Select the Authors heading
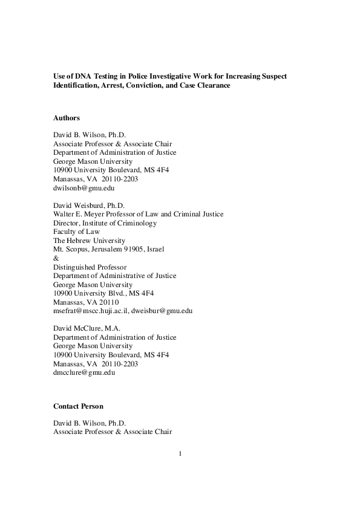tap(67, 118)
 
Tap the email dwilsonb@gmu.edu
tap(84, 187)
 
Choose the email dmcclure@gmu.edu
tap(84, 373)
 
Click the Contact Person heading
tap(78, 406)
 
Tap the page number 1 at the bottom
tap(180, 453)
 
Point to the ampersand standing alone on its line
tap(56, 258)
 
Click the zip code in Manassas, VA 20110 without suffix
tap(108, 302)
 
